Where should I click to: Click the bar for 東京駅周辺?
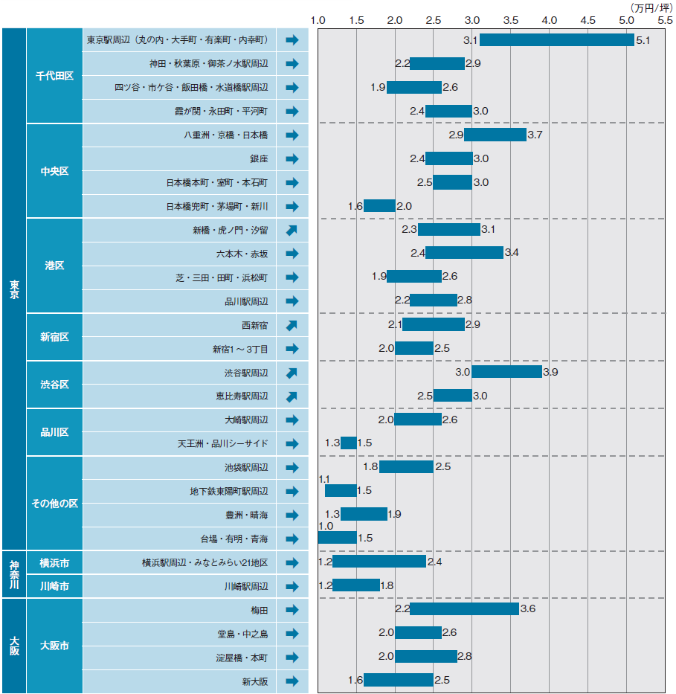point(556,40)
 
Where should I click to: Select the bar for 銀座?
point(448,158)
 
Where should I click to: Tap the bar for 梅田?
point(464,609)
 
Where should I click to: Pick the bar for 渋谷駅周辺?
point(506,372)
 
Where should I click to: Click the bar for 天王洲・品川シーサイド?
point(348,443)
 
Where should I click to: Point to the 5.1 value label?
point(643,40)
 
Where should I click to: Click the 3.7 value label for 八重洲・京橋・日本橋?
point(535,135)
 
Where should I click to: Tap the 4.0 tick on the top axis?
point(549,19)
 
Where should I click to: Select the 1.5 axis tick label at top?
point(356,19)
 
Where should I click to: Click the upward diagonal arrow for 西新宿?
point(292,325)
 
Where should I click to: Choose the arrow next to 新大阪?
point(292,681)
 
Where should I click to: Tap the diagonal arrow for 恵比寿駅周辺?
point(292,396)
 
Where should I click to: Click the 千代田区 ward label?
point(54,76)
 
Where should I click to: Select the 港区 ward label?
point(54,266)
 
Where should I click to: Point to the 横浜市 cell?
point(54,562)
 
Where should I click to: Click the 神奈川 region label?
point(14,573)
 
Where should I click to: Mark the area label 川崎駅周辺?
point(246,586)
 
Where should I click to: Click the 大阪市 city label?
point(54,646)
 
